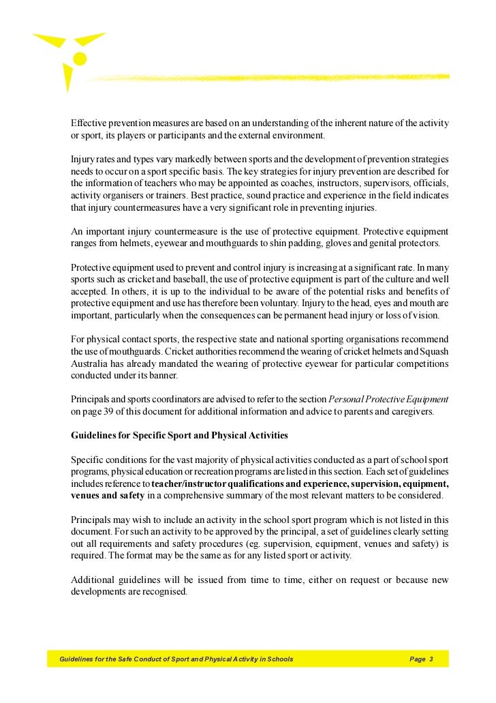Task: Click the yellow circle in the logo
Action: coord(80,59)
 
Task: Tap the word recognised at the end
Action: coord(163,592)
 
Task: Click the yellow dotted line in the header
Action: coord(273,77)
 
